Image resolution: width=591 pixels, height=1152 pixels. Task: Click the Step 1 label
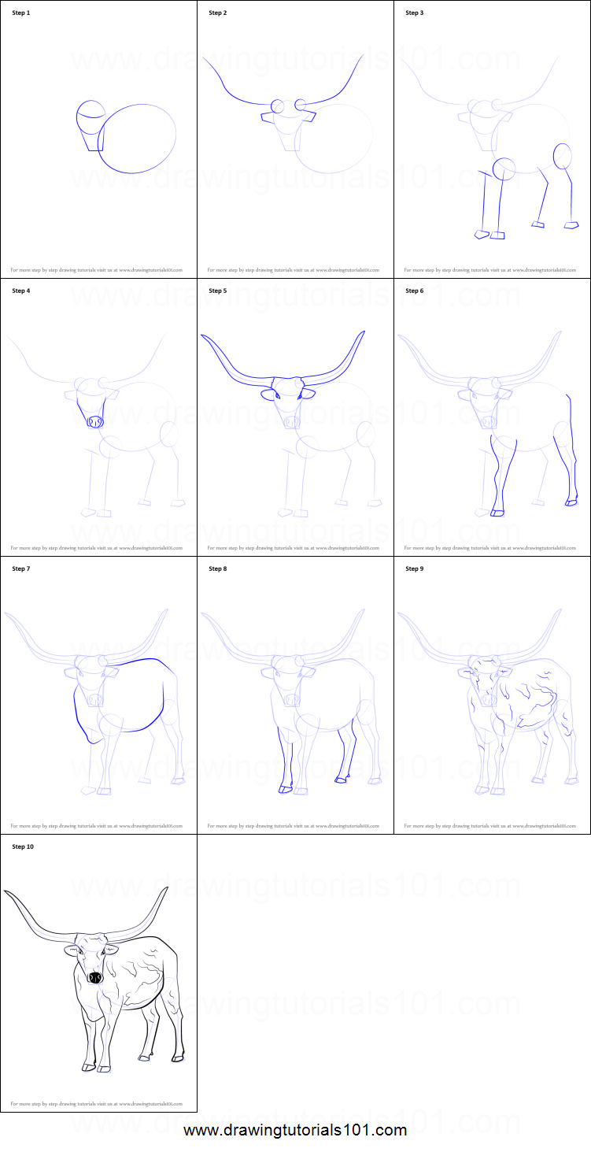pyautogui.click(x=21, y=13)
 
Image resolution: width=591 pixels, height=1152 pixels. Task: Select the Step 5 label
pyautogui.click(x=218, y=291)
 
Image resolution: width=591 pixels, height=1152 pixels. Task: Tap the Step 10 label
pyautogui.click(x=24, y=847)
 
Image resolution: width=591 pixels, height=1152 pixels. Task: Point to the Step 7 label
pyautogui.click(x=21, y=569)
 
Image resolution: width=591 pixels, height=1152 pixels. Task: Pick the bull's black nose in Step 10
pyautogui.click(x=94, y=977)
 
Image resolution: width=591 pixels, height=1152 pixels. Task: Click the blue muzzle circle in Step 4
pyautogui.click(x=95, y=423)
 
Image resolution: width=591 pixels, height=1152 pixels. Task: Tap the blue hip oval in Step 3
pyautogui.click(x=563, y=156)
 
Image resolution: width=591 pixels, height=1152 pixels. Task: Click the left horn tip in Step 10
pyautogui.click(x=6, y=892)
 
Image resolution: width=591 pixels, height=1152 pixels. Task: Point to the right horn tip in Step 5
pyautogui.click(x=364, y=332)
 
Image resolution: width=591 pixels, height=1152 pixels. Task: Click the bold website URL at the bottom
pyautogui.click(x=295, y=1131)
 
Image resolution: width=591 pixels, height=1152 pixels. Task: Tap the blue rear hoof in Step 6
pyautogui.click(x=571, y=502)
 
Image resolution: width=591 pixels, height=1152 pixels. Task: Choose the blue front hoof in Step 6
pyautogui.click(x=497, y=513)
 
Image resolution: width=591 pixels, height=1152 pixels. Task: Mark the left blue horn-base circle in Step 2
pyautogui.click(x=278, y=106)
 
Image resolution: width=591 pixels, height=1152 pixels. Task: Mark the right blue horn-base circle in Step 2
pyautogui.click(x=301, y=104)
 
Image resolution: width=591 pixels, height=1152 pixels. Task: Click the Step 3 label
pyautogui.click(x=415, y=13)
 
